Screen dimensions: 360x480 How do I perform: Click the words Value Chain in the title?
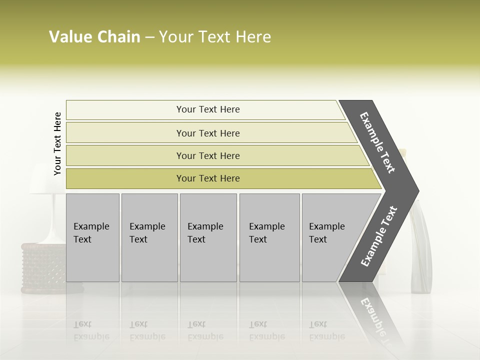tap(94, 37)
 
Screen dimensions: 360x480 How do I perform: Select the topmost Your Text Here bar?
tap(207, 109)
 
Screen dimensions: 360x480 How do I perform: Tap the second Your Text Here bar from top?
tap(207, 133)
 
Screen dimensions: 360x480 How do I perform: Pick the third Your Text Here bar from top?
tap(207, 155)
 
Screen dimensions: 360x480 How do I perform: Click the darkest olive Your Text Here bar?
tap(207, 178)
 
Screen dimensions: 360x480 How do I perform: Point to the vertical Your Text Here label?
tap(57, 143)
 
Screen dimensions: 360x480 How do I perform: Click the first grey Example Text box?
tap(92, 237)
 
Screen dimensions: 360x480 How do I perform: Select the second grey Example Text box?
tap(149, 237)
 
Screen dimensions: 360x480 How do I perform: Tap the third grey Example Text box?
tap(208, 237)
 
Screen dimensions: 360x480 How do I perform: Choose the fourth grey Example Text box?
tap(269, 237)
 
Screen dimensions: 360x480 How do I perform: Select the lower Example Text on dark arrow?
tap(379, 236)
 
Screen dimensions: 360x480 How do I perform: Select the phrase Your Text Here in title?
tap(215, 37)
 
